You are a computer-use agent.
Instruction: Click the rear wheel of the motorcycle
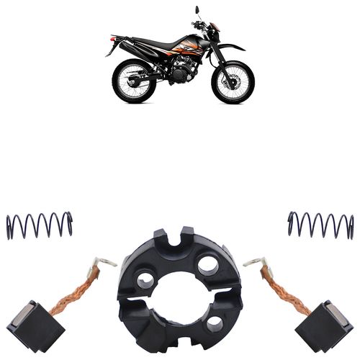click(x=134, y=81)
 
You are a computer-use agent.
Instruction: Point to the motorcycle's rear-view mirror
click(x=196, y=11)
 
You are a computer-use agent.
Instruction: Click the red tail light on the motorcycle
click(x=112, y=40)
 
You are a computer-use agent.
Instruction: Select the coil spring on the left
click(x=39, y=225)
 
